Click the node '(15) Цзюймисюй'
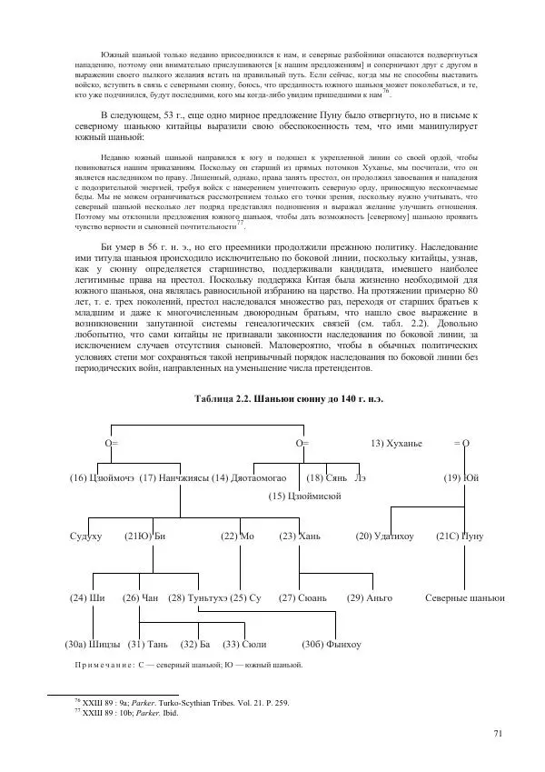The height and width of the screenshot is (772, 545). point(305,496)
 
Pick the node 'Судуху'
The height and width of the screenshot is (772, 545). point(85,536)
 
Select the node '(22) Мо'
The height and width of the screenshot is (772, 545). point(237,536)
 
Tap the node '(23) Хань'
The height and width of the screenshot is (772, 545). point(300,536)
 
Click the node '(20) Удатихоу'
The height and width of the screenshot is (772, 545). point(384,536)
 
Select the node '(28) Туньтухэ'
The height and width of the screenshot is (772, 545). point(197,597)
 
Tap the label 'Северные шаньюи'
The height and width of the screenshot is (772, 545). point(465,597)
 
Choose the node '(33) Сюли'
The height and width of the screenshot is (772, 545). point(244,645)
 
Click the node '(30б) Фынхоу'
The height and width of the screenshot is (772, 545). point(332,645)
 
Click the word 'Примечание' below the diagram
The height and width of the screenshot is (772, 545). point(105,666)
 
